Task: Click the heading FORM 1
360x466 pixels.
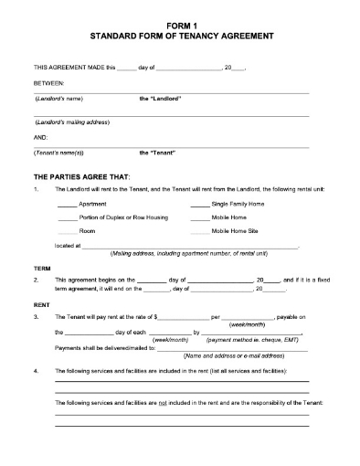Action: pos(180,26)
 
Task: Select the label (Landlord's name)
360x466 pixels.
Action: pos(58,98)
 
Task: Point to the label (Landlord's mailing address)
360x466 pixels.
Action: pos(73,122)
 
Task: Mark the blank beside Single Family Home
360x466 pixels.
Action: pos(199,203)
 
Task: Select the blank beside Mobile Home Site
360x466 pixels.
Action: pos(199,231)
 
